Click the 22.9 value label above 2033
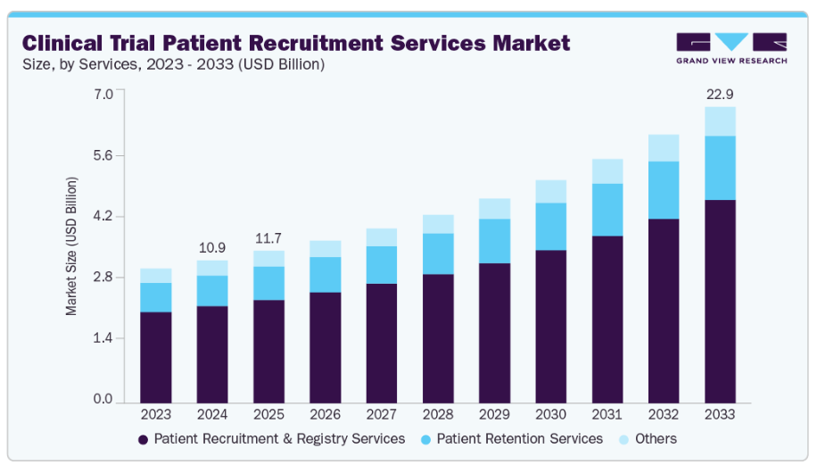pos(720,94)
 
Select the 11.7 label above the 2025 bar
pos(268,238)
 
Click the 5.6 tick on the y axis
pos(103,155)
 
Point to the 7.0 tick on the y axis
pos(103,94)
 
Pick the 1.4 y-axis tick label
pos(103,338)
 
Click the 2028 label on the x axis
pos(438,415)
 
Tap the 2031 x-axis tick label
pos(607,415)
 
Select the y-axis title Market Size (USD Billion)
pos(71,246)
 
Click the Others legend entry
pos(656,439)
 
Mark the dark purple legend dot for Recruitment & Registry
pos(143,440)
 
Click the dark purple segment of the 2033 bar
pos(720,301)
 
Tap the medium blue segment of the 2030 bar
pos(550,227)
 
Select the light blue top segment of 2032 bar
pos(664,148)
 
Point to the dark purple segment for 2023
pos(156,357)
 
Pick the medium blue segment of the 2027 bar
pos(382,265)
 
